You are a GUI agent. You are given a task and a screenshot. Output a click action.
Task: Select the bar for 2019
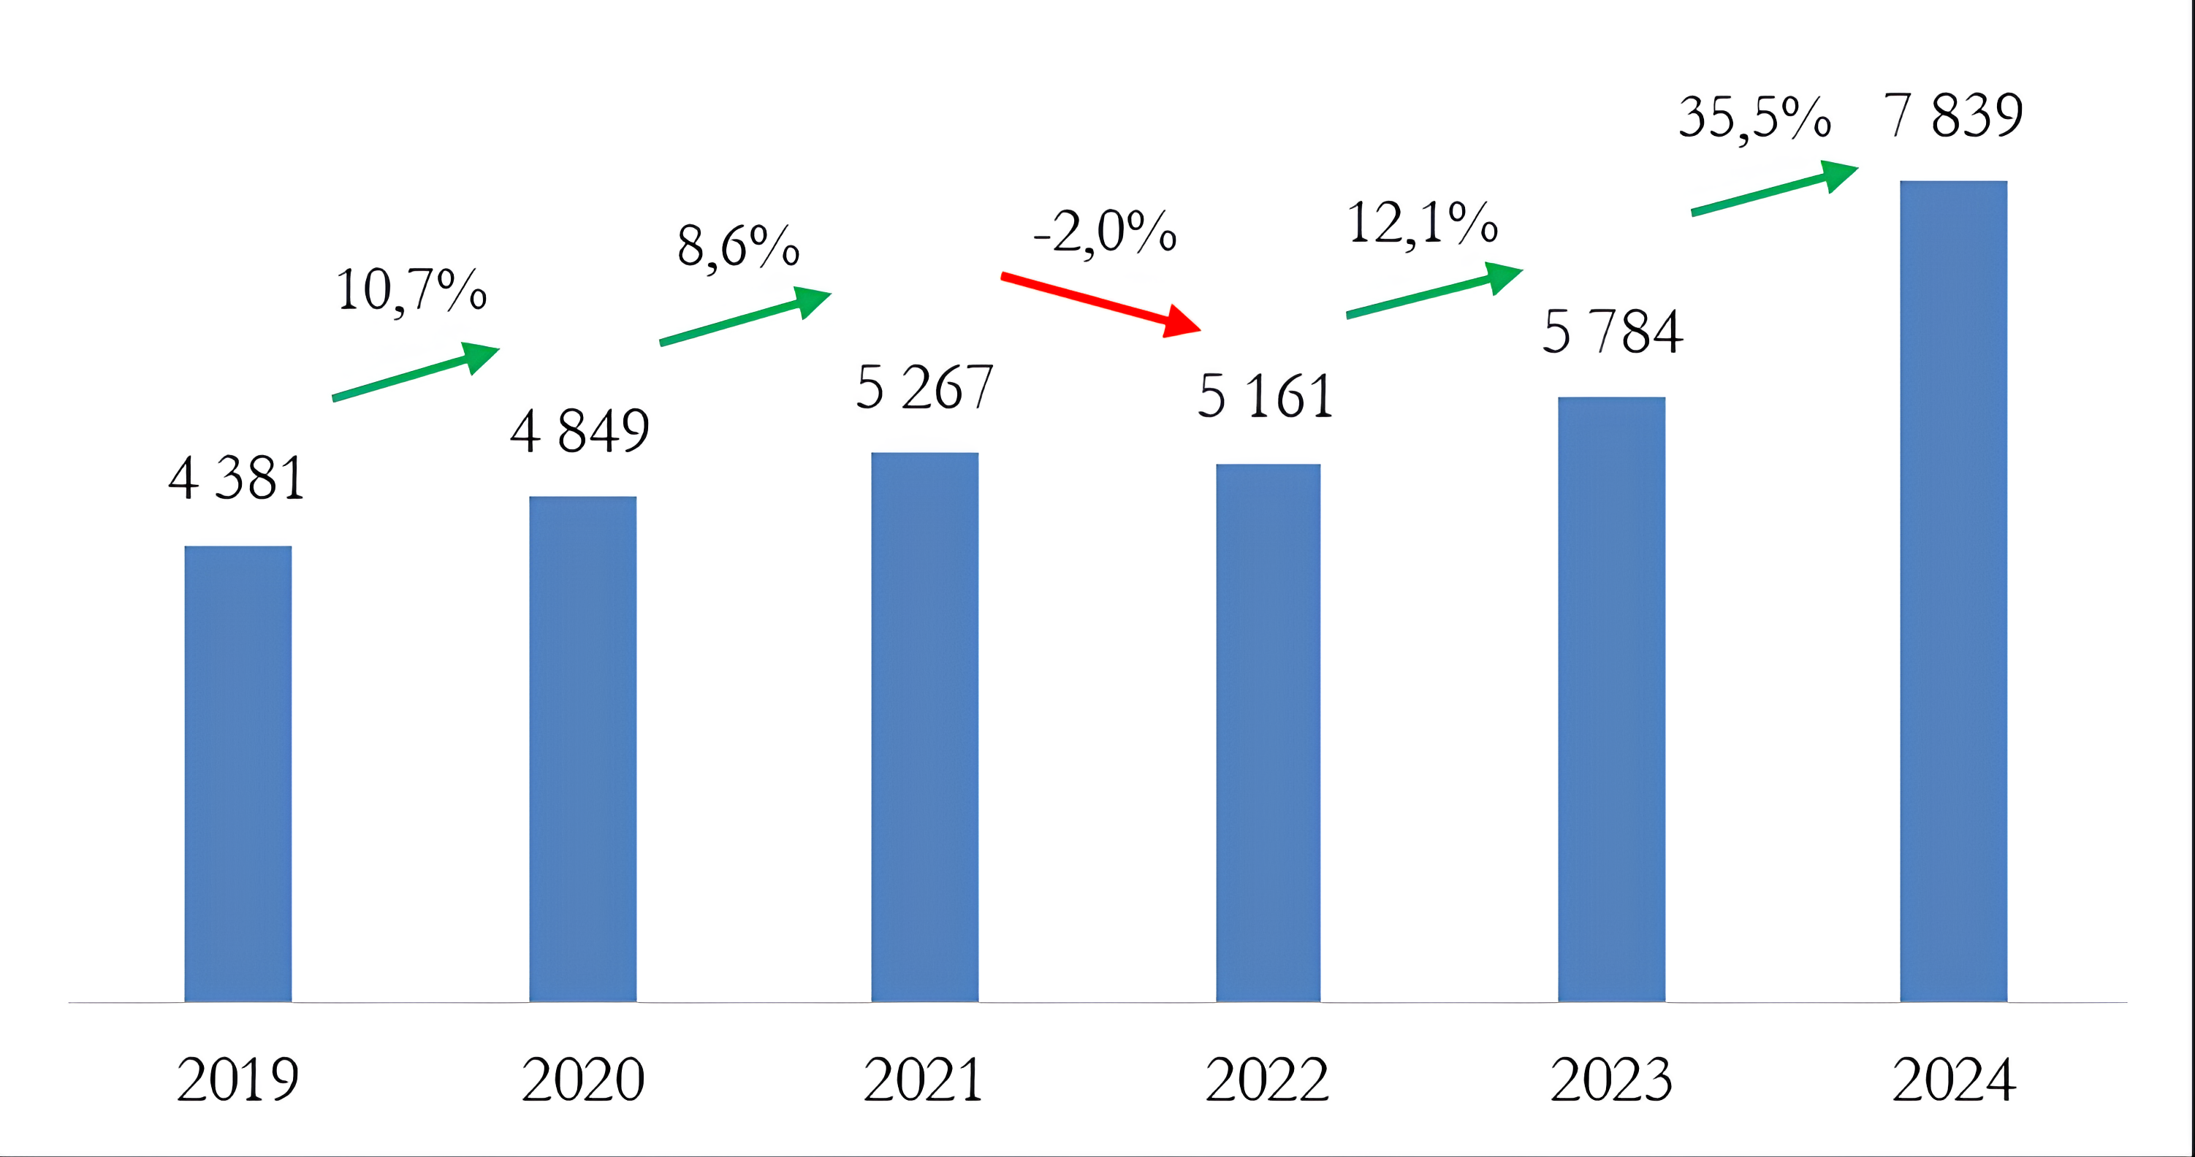pyautogui.click(x=237, y=774)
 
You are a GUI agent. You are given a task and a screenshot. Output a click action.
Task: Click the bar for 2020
pyautogui.click(x=583, y=749)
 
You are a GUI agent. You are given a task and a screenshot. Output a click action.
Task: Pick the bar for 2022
pyautogui.click(x=1268, y=733)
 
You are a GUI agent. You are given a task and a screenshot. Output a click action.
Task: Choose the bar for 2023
pyautogui.click(x=1611, y=698)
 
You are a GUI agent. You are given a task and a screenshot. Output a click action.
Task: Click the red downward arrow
pyautogui.click(x=1100, y=303)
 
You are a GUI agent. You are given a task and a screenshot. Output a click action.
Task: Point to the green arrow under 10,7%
pyautogui.click(x=415, y=372)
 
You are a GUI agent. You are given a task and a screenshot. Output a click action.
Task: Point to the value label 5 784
pyautogui.click(x=1612, y=332)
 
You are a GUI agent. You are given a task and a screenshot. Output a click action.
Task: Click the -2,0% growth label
pyautogui.click(x=1105, y=231)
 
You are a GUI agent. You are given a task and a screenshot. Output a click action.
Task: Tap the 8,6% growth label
pyautogui.click(x=738, y=246)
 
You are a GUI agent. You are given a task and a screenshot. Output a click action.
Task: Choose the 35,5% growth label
pyautogui.click(x=1754, y=118)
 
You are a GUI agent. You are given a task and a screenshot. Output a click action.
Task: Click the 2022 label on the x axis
pyautogui.click(x=1267, y=1080)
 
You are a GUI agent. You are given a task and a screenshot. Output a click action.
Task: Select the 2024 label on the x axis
pyautogui.click(x=1953, y=1080)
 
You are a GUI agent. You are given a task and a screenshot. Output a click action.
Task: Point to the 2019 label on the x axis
pyautogui.click(x=237, y=1080)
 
